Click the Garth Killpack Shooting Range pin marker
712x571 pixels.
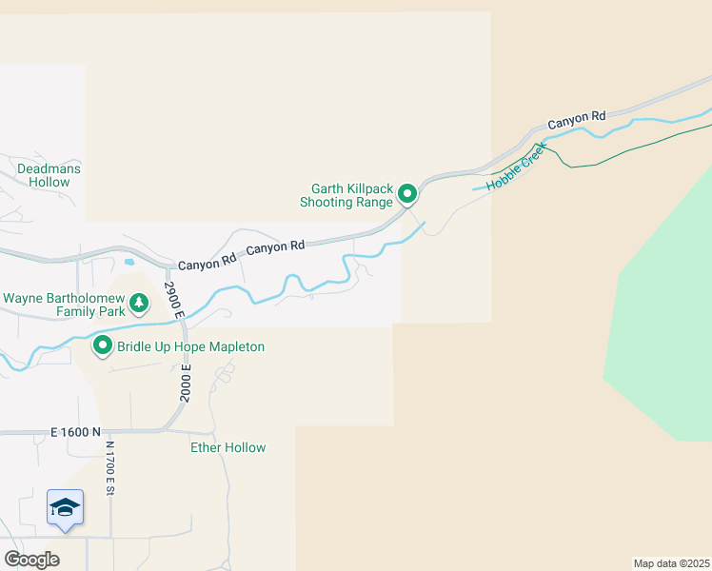pos(407,194)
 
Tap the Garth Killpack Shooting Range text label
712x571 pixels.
pos(346,195)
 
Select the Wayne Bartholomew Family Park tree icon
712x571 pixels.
pos(140,304)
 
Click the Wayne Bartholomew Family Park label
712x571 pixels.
pos(64,305)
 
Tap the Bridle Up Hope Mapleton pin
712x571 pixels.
pos(103,346)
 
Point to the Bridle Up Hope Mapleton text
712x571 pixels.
pos(190,347)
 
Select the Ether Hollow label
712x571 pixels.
pos(228,447)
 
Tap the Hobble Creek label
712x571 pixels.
pos(515,167)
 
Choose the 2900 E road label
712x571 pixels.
pos(172,301)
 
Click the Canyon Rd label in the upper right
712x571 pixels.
pos(576,120)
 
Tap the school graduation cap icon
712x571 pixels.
pos(66,506)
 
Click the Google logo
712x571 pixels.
pos(31,560)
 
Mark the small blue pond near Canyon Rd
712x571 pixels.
pos(129,261)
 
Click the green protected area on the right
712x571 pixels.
pos(666,314)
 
